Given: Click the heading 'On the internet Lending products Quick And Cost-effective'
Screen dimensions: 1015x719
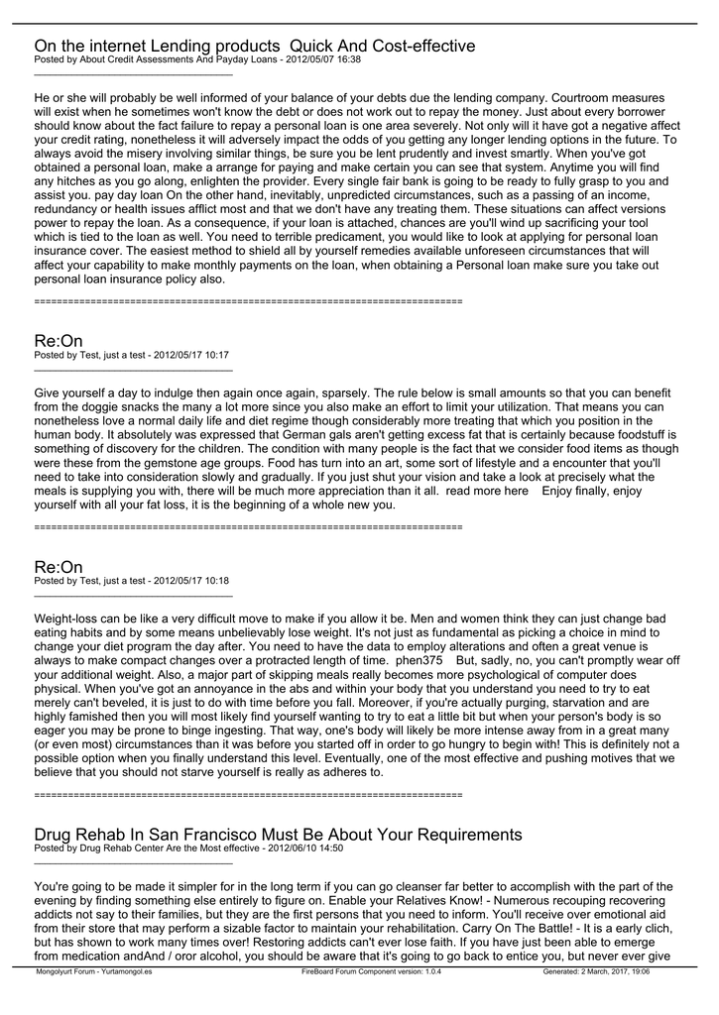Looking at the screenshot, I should (x=255, y=46).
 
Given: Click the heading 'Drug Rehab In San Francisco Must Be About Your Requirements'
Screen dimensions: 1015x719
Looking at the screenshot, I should (x=278, y=834).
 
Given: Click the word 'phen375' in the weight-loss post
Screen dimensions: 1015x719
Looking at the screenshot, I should (x=419, y=659).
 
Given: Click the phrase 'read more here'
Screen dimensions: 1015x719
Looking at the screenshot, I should (x=487, y=491).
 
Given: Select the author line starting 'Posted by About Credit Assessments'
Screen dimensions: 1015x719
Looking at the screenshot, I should (x=197, y=59).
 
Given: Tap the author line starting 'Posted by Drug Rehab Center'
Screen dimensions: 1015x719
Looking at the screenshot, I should (x=188, y=847).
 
